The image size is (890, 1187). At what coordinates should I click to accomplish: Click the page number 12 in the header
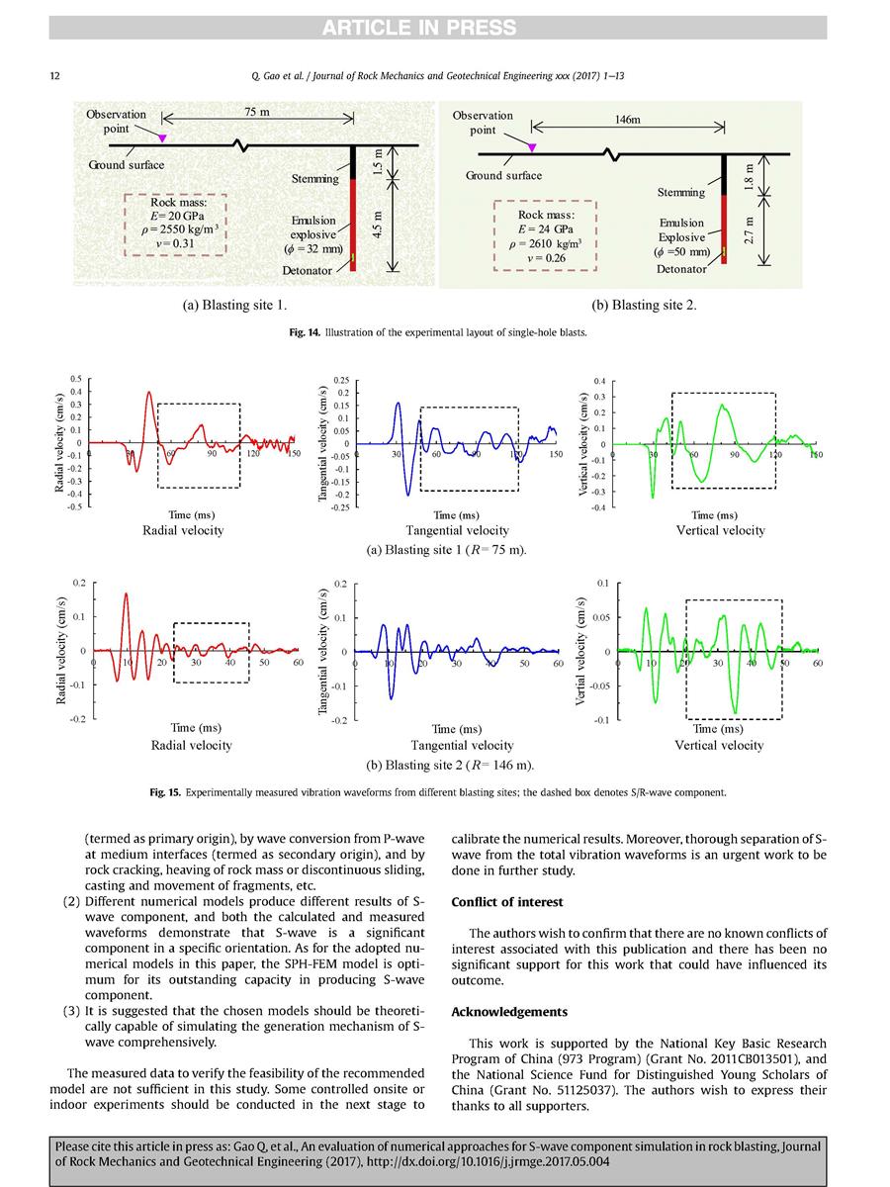(x=55, y=77)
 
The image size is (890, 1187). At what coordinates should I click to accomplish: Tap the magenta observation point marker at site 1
(x=163, y=137)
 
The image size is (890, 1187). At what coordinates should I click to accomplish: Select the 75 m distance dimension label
(x=257, y=112)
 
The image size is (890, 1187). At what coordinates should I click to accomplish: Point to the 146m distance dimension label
(x=628, y=119)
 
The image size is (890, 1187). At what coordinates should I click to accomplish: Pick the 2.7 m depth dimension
(x=749, y=231)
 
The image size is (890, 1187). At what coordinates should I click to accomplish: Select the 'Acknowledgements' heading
(x=510, y=1011)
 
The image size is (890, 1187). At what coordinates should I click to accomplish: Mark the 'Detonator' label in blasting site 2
(x=682, y=268)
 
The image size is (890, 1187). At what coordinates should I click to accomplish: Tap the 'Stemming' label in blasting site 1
(x=315, y=179)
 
